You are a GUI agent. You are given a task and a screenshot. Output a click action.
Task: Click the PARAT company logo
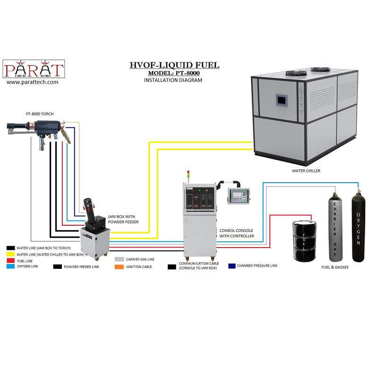click(x=34, y=69)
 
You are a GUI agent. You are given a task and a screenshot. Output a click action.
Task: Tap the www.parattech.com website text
click(x=33, y=82)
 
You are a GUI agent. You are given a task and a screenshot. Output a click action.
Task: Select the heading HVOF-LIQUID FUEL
click(x=174, y=65)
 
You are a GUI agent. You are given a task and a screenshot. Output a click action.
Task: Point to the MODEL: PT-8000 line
click(x=174, y=73)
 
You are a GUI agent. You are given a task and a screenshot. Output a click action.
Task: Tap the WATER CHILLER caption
click(x=305, y=171)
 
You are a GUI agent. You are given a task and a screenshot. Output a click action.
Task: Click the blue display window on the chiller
click(x=282, y=100)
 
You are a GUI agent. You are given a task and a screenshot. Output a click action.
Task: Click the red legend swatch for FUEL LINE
click(x=10, y=260)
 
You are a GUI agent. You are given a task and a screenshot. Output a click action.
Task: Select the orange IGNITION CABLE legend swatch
click(x=120, y=267)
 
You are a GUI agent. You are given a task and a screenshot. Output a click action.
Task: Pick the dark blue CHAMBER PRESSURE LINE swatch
click(x=232, y=266)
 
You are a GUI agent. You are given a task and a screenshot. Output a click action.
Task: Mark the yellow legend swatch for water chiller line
click(x=10, y=254)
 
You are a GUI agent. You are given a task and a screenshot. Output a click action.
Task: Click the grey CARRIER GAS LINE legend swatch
click(x=120, y=259)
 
